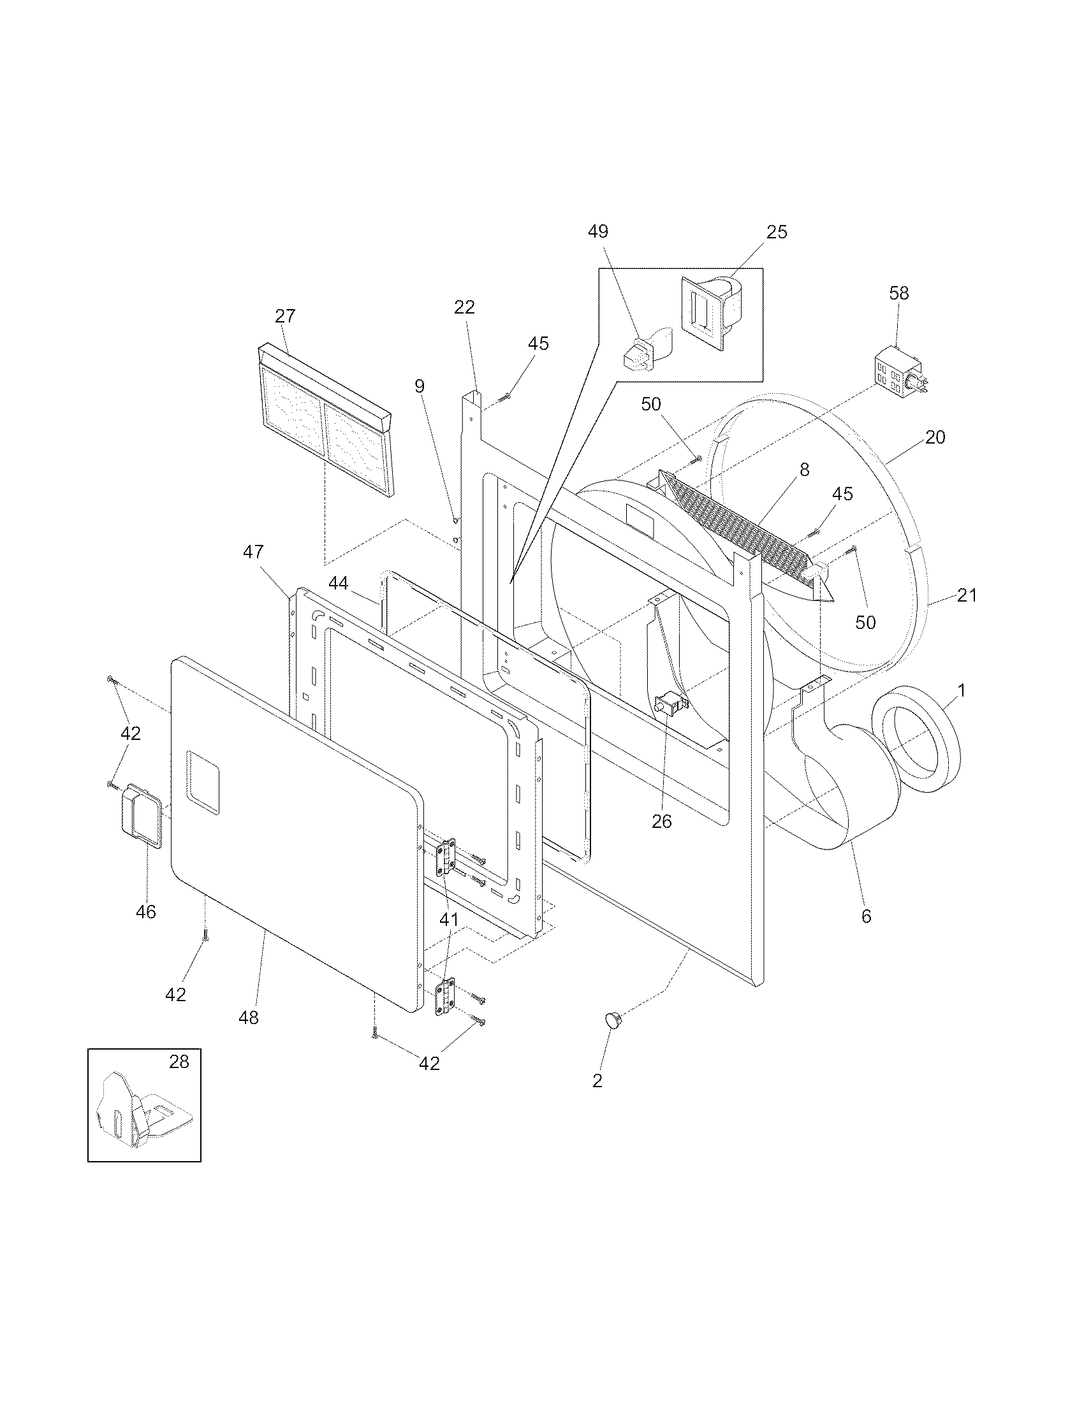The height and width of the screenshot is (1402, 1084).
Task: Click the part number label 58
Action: pyautogui.click(x=899, y=293)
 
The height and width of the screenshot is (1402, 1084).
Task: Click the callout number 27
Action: pyautogui.click(x=285, y=316)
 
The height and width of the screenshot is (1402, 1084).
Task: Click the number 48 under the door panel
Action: pyautogui.click(x=249, y=1018)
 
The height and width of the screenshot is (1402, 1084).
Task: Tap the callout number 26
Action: pyautogui.click(x=661, y=821)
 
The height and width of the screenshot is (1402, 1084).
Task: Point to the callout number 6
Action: pyautogui.click(x=867, y=916)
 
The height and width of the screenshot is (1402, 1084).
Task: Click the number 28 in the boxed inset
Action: pyautogui.click(x=179, y=1062)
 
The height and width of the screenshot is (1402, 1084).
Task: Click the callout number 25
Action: pyautogui.click(x=777, y=232)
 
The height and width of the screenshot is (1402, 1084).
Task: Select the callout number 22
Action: pyautogui.click(x=464, y=308)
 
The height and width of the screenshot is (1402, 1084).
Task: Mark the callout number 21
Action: pyautogui.click(x=967, y=595)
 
